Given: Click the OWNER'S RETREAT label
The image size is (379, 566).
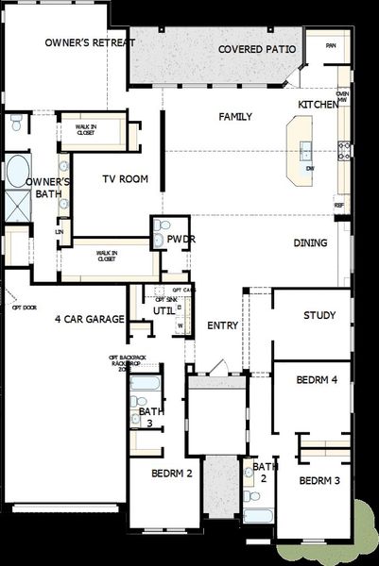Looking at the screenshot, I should (x=91, y=43).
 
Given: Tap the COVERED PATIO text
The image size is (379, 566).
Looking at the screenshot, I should (x=257, y=49).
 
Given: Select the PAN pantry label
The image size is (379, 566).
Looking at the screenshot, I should (x=331, y=45).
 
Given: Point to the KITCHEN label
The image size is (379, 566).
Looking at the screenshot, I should (x=318, y=104).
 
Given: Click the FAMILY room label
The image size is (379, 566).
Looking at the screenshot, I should (x=235, y=116).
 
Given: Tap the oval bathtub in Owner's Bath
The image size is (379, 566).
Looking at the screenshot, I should (x=19, y=171).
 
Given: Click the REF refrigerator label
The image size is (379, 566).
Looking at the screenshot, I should (x=338, y=205).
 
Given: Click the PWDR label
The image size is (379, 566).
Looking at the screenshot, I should (x=181, y=240).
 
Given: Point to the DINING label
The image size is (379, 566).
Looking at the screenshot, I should (x=310, y=243).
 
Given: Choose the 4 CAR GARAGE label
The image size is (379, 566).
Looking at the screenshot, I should (x=90, y=319).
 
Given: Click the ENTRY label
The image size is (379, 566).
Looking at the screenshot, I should (x=222, y=325).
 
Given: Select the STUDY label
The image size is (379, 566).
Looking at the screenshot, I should (x=319, y=315).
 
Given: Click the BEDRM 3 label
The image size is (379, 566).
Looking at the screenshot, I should (x=319, y=480).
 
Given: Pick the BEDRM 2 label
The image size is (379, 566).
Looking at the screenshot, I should (x=172, y=473).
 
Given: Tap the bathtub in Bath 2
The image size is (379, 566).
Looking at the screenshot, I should (x=257, y=515).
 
